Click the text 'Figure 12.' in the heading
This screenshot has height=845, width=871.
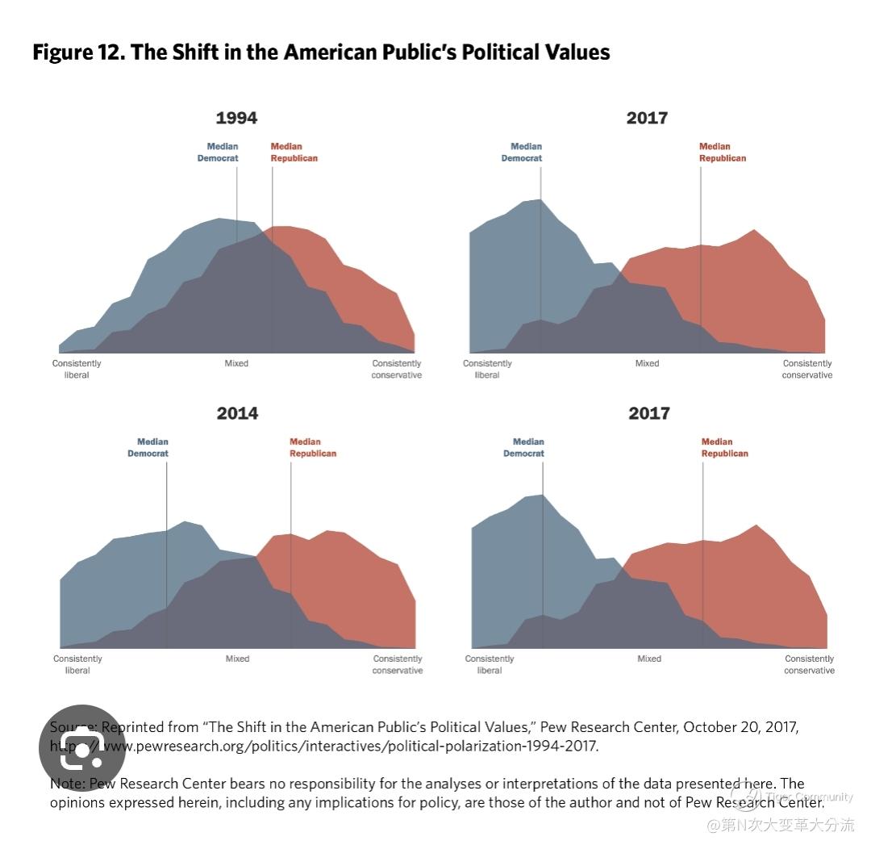tap(77, 52)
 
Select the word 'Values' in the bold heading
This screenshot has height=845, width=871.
tap(576, 52)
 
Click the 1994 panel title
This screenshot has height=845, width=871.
tap(236, 118)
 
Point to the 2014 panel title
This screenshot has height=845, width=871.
tap(237, 413)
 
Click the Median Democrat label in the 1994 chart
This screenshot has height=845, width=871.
tap(219, 153)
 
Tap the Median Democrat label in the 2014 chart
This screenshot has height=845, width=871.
tap(148, 448)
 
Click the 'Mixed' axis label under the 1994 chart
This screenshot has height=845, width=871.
tap(236, 364)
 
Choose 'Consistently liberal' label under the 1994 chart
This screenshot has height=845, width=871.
tap(77, 369)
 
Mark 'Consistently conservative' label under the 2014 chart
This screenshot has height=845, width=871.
tap(398, 664)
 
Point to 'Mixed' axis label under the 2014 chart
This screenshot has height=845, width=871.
tap(237, 659)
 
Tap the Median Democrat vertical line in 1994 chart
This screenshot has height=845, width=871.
tap(237, 202)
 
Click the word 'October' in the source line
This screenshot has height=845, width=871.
tap(710, 727)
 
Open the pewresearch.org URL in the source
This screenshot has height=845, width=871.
tap(347, 746)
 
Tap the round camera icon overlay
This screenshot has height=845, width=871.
tap(82, 748)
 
